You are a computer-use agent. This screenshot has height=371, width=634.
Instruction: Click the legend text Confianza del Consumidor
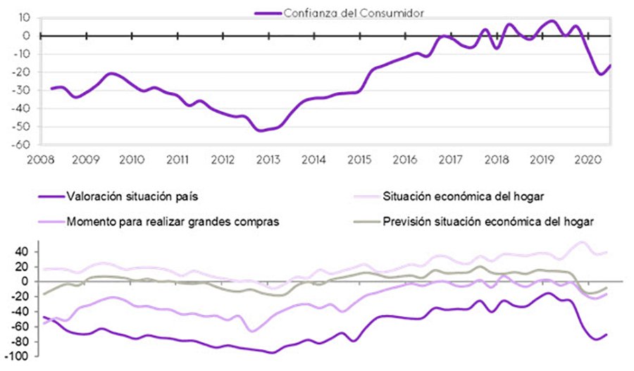[x=352, y=12]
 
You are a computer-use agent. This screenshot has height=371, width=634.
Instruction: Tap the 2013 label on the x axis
[x=267, y=159]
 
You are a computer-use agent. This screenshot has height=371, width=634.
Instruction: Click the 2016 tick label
[x=403, y=159]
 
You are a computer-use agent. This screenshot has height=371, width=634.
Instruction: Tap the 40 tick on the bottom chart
[x=20, y=251]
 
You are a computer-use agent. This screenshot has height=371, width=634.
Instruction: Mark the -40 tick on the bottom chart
[x=19, y=311]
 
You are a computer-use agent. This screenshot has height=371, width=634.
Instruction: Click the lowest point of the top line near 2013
[x=261, y=130]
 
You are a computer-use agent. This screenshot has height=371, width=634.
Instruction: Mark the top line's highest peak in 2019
[x=552, y=21]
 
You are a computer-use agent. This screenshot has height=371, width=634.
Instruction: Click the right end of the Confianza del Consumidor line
[x=610, y=65]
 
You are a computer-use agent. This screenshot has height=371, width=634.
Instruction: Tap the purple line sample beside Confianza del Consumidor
[x=268, y=12]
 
